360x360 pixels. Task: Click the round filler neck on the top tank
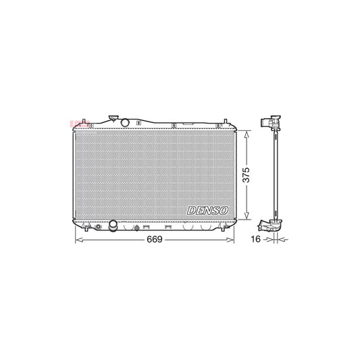click(124, 121)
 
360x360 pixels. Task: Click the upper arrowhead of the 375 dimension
click(247, 134)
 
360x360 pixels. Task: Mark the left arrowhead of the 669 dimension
click(76, 239)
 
